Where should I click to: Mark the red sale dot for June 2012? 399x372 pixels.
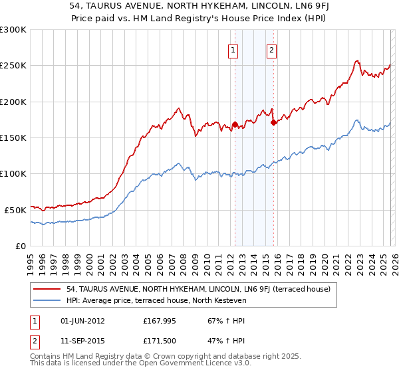pos(235,124)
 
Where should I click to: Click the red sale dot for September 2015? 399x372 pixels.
pos(273,122)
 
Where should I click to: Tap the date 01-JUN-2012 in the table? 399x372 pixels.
pos(82,321)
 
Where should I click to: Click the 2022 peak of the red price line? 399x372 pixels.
pos(357,60)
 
